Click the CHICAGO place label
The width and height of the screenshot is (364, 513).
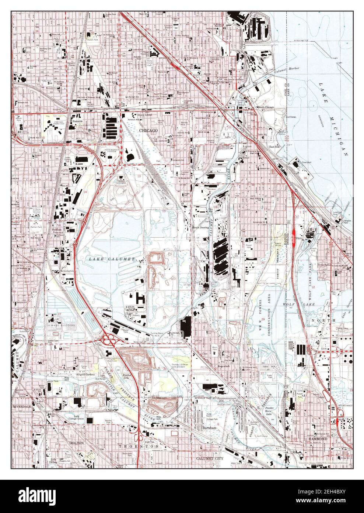click(x=148, y=131)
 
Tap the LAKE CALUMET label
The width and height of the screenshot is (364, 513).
click(x=112, y=259)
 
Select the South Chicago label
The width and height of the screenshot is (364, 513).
click(x=266, y=107)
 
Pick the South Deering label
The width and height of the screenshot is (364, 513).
click(x=201, y=228)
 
